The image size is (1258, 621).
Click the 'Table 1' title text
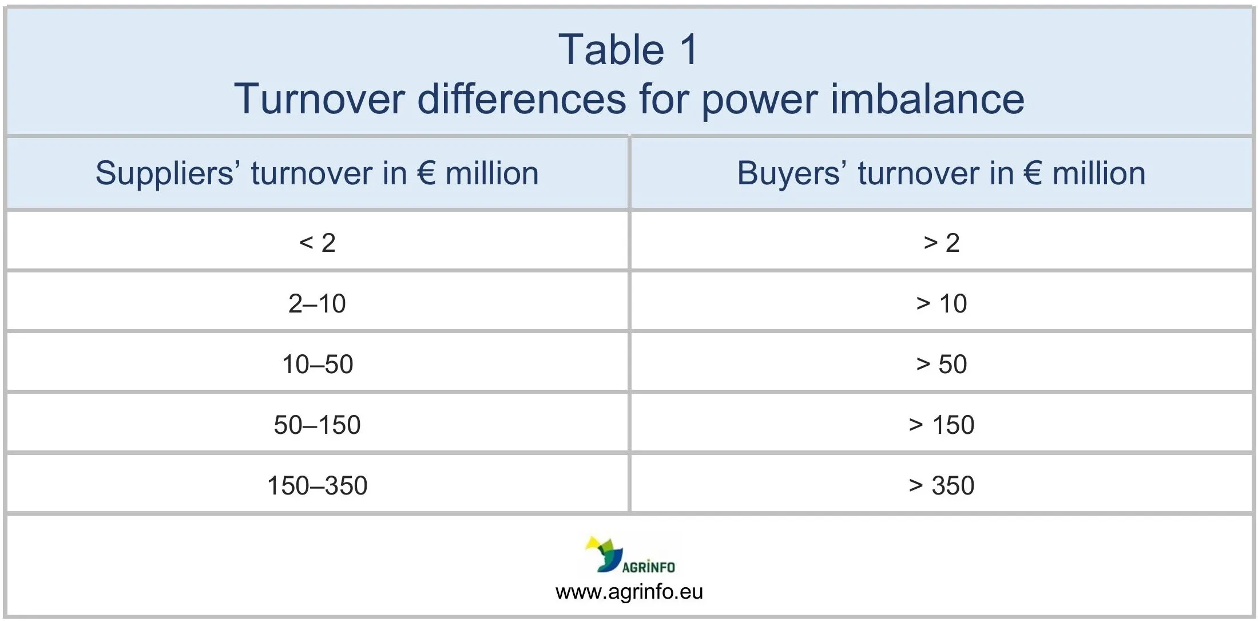pyautogui.click(x=628, y=50)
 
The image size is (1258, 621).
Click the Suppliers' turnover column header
pyautogui.click(x=317, y=173)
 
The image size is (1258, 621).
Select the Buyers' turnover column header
pyautogui.click(x=941, y=173)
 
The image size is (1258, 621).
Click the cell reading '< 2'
pyautogui.click(x=317, y=243)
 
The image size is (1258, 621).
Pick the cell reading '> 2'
pyautogui.click(x=941, y=243)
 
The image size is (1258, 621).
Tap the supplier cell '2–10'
pyautogui.click(x=317, y=303)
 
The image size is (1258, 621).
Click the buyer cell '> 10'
pyautogui.click(x=941, y=303)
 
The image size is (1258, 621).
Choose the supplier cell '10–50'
pyautogui.click(x=317, y=364)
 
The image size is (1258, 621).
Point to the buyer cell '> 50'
pyautogui.click(x=941, y=364)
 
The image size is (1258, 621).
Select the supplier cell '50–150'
pyautogui.click(x=317, y=425)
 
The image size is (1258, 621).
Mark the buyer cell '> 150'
pyautogui.click(x=941, y=425)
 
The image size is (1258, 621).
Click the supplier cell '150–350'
pyautogui.click(x=317, y=485)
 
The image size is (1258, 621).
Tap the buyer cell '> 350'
pyautogui.click(x=941, y=485)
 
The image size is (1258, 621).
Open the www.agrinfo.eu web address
pyautogui.click(x=629, y=591)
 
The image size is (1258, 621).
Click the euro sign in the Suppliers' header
pyautogui.click(x=427, y=173)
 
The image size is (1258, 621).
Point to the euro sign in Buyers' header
pyautogui.click(x=1033, y=173)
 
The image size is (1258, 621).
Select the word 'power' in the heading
pyautogui.click(x=760, y=99)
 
